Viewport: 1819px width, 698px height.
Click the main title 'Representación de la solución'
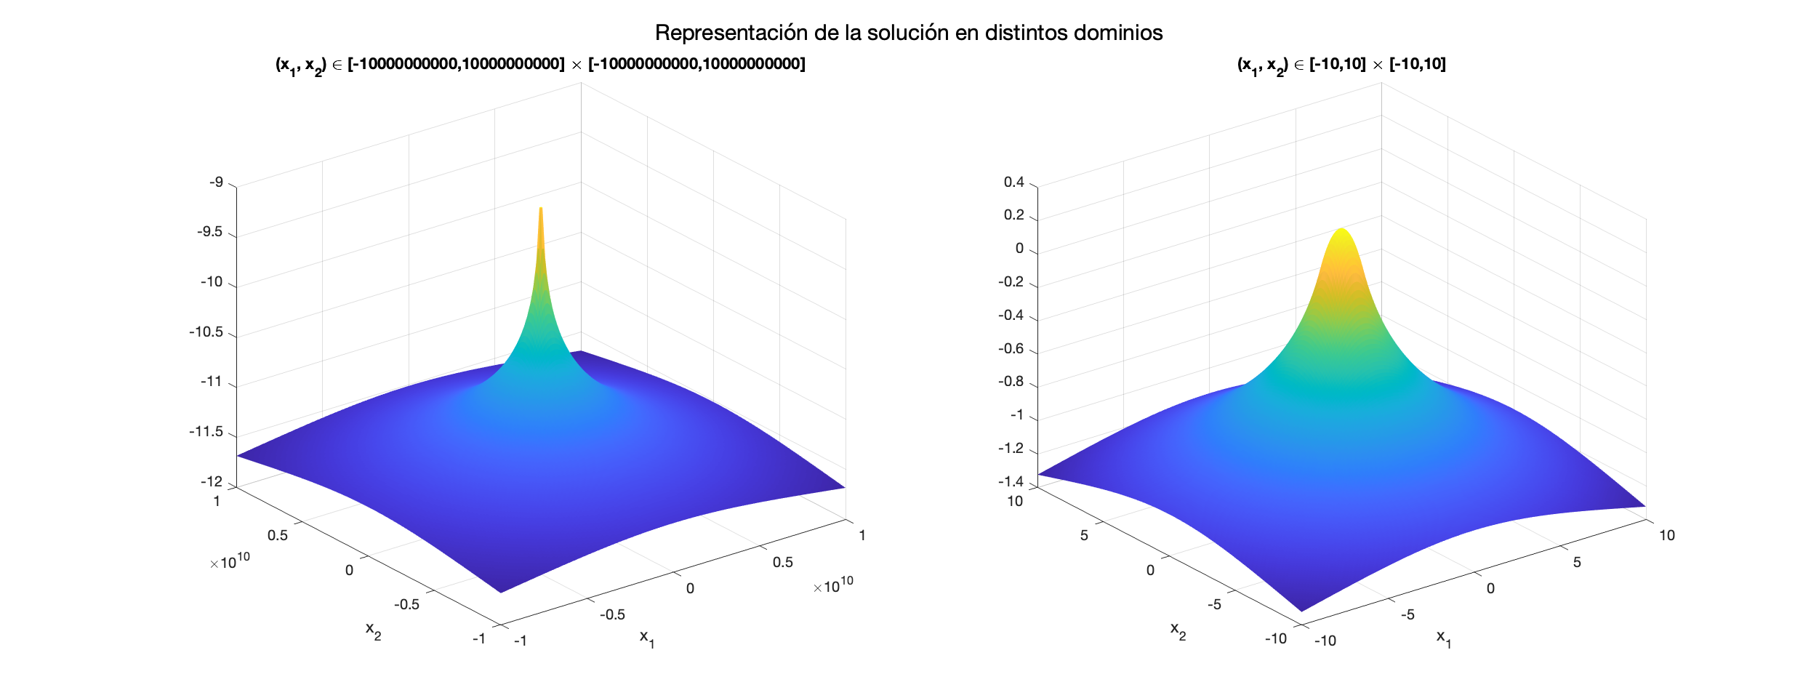[x=909, y=33]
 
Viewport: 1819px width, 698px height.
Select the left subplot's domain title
[x=539, y=65]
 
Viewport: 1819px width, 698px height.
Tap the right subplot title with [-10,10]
[x=1341, y=65]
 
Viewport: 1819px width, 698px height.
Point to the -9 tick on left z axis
[x=217, y=182]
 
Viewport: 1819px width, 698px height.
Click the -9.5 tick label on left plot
[x=210, y=232]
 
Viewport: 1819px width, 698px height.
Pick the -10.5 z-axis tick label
[x=206, y=332]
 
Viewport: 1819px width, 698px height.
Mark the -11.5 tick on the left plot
[x=206, y=432]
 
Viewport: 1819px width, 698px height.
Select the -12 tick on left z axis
[x=212, y=481]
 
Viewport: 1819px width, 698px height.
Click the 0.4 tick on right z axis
[x=1013, y=182]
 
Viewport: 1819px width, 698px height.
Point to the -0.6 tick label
[x=1011, y=348]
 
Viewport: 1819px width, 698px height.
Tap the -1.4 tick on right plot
[x=1011, y=481]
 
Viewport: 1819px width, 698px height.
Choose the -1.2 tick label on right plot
[x=1011, y=448]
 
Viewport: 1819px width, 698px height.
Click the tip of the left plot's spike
[x=541, y=209]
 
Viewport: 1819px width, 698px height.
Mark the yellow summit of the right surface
[x=1341, y=231]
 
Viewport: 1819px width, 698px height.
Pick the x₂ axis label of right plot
[x=1178, y=630]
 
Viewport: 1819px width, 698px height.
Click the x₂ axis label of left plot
[x=373, y=630]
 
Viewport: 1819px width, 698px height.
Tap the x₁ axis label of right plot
[x=1443, y=638]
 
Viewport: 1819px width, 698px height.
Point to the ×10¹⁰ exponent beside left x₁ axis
[x=833, y=585]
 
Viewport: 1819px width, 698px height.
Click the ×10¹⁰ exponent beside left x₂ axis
[x=230, y=561]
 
